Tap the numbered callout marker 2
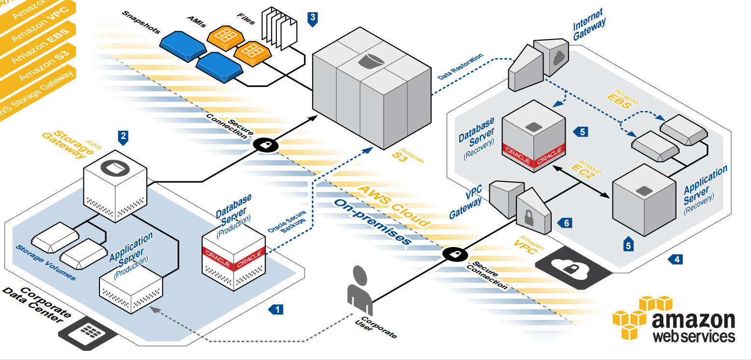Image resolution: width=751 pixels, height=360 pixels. tap(124, 138)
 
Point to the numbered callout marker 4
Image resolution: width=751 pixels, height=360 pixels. tap(676, 260)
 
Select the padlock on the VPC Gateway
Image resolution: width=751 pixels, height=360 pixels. tap(530, 213)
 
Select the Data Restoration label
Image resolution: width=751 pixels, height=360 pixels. tap(460, 67)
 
